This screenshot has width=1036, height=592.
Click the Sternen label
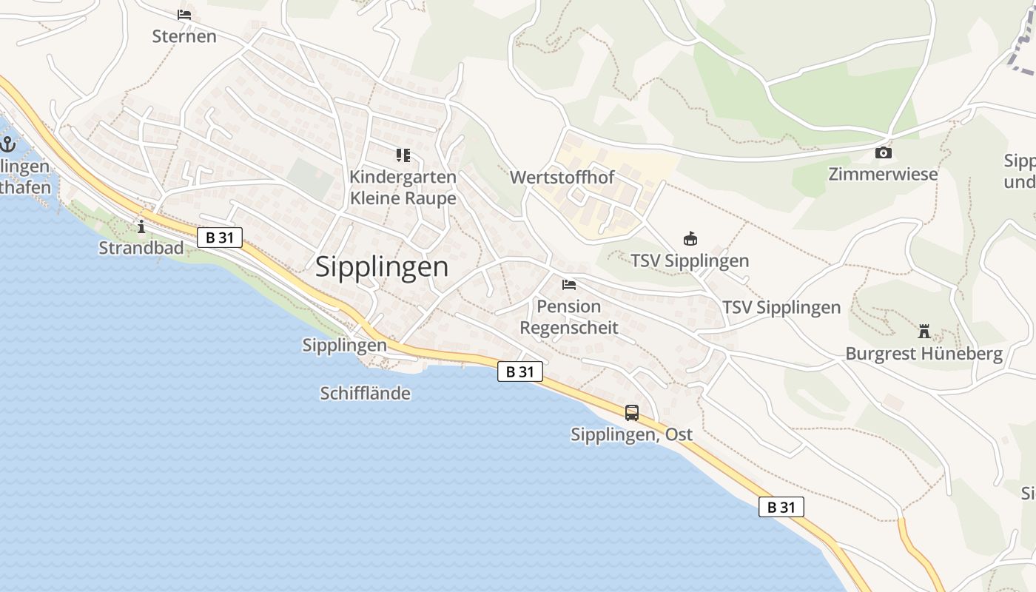coord(184,36)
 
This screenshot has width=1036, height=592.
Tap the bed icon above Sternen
coord(184,15)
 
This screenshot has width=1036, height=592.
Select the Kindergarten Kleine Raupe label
coord(403,188)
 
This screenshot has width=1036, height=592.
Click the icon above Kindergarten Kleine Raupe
coord(403,155)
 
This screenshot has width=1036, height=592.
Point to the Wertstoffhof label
coord(562,178)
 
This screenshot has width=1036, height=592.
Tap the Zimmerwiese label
coord(883,175)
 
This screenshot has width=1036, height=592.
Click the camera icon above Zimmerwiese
coord(883,153)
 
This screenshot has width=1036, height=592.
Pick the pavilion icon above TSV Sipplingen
coord(690,239)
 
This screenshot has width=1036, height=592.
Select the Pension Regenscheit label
coord(568,317)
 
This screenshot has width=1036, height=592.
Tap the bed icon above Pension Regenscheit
coord(568,284)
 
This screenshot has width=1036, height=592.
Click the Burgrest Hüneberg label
coord(924,354)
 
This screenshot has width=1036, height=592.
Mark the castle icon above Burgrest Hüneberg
coord(924,331)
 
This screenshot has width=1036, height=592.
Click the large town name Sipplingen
coord(382,267)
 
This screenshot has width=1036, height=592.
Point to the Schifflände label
coord(365,394)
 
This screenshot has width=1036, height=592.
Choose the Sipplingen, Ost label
coord(631,434)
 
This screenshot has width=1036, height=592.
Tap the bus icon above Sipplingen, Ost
coord(631,413)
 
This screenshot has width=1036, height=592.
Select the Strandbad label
coord(141,249)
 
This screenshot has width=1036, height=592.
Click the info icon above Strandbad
coord(141,226)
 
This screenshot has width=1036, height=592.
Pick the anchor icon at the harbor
coord(8,144)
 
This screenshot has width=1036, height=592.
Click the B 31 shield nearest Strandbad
coord(219,238)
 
